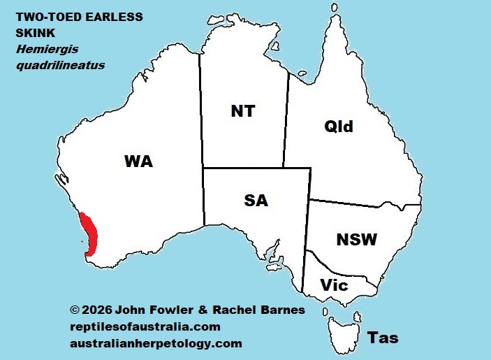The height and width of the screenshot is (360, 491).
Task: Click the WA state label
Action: click(138, 162)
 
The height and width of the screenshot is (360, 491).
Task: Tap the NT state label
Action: click(242, 110)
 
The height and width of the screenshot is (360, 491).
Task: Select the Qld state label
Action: click(339, 127)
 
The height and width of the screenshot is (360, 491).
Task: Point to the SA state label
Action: click(256, 201)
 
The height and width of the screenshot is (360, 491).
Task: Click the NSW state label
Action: click(356, 240)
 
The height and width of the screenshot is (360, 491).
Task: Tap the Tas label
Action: click(383, 338)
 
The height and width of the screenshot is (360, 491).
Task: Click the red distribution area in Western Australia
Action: click(91, 233)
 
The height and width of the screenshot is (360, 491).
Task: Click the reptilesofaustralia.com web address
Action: click(145, 326)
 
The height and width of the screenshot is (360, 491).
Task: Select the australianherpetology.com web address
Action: click(156, 343)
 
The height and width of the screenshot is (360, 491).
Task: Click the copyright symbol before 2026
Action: click(75, 310)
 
